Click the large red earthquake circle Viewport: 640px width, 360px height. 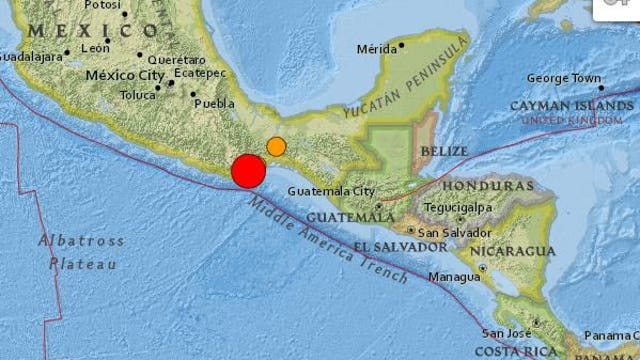[x=248, y=171]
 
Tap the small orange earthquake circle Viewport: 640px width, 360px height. [x=276, y=147]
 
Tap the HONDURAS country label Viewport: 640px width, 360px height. [x=487, y=186]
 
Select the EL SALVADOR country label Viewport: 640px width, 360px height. [x=398, y=246]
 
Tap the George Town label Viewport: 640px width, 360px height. [x=563, y=78]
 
